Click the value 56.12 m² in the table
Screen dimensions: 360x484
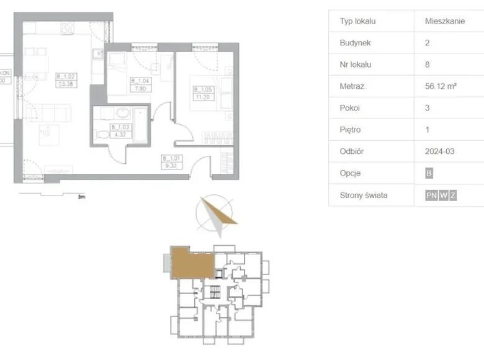[441, 86]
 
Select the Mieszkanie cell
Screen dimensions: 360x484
[445, 21]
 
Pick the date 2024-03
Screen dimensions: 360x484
[441, 151]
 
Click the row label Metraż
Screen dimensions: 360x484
[352, 86]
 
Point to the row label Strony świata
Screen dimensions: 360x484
[364, 195]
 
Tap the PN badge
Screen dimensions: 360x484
[431, 196]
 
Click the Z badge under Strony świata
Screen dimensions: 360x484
[453, 196]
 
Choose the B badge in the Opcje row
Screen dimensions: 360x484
[429, 174]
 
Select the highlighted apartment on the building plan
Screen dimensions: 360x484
[191, 261]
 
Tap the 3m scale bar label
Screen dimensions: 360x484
[81, 197]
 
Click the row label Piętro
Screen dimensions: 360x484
[351, 130]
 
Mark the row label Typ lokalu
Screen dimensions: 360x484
[358, 21]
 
